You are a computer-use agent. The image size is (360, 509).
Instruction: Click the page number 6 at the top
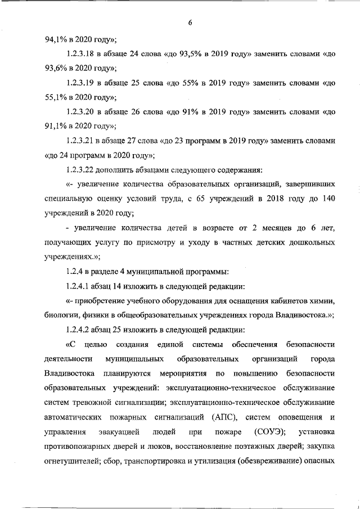click(190, 22)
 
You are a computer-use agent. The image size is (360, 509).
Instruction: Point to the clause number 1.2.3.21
click(82, 141)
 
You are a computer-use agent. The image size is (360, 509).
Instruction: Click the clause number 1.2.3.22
click(82, 170)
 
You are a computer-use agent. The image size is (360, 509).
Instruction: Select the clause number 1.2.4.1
click(80, 285)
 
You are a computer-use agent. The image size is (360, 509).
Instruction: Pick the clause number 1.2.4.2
click(80, 329)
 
